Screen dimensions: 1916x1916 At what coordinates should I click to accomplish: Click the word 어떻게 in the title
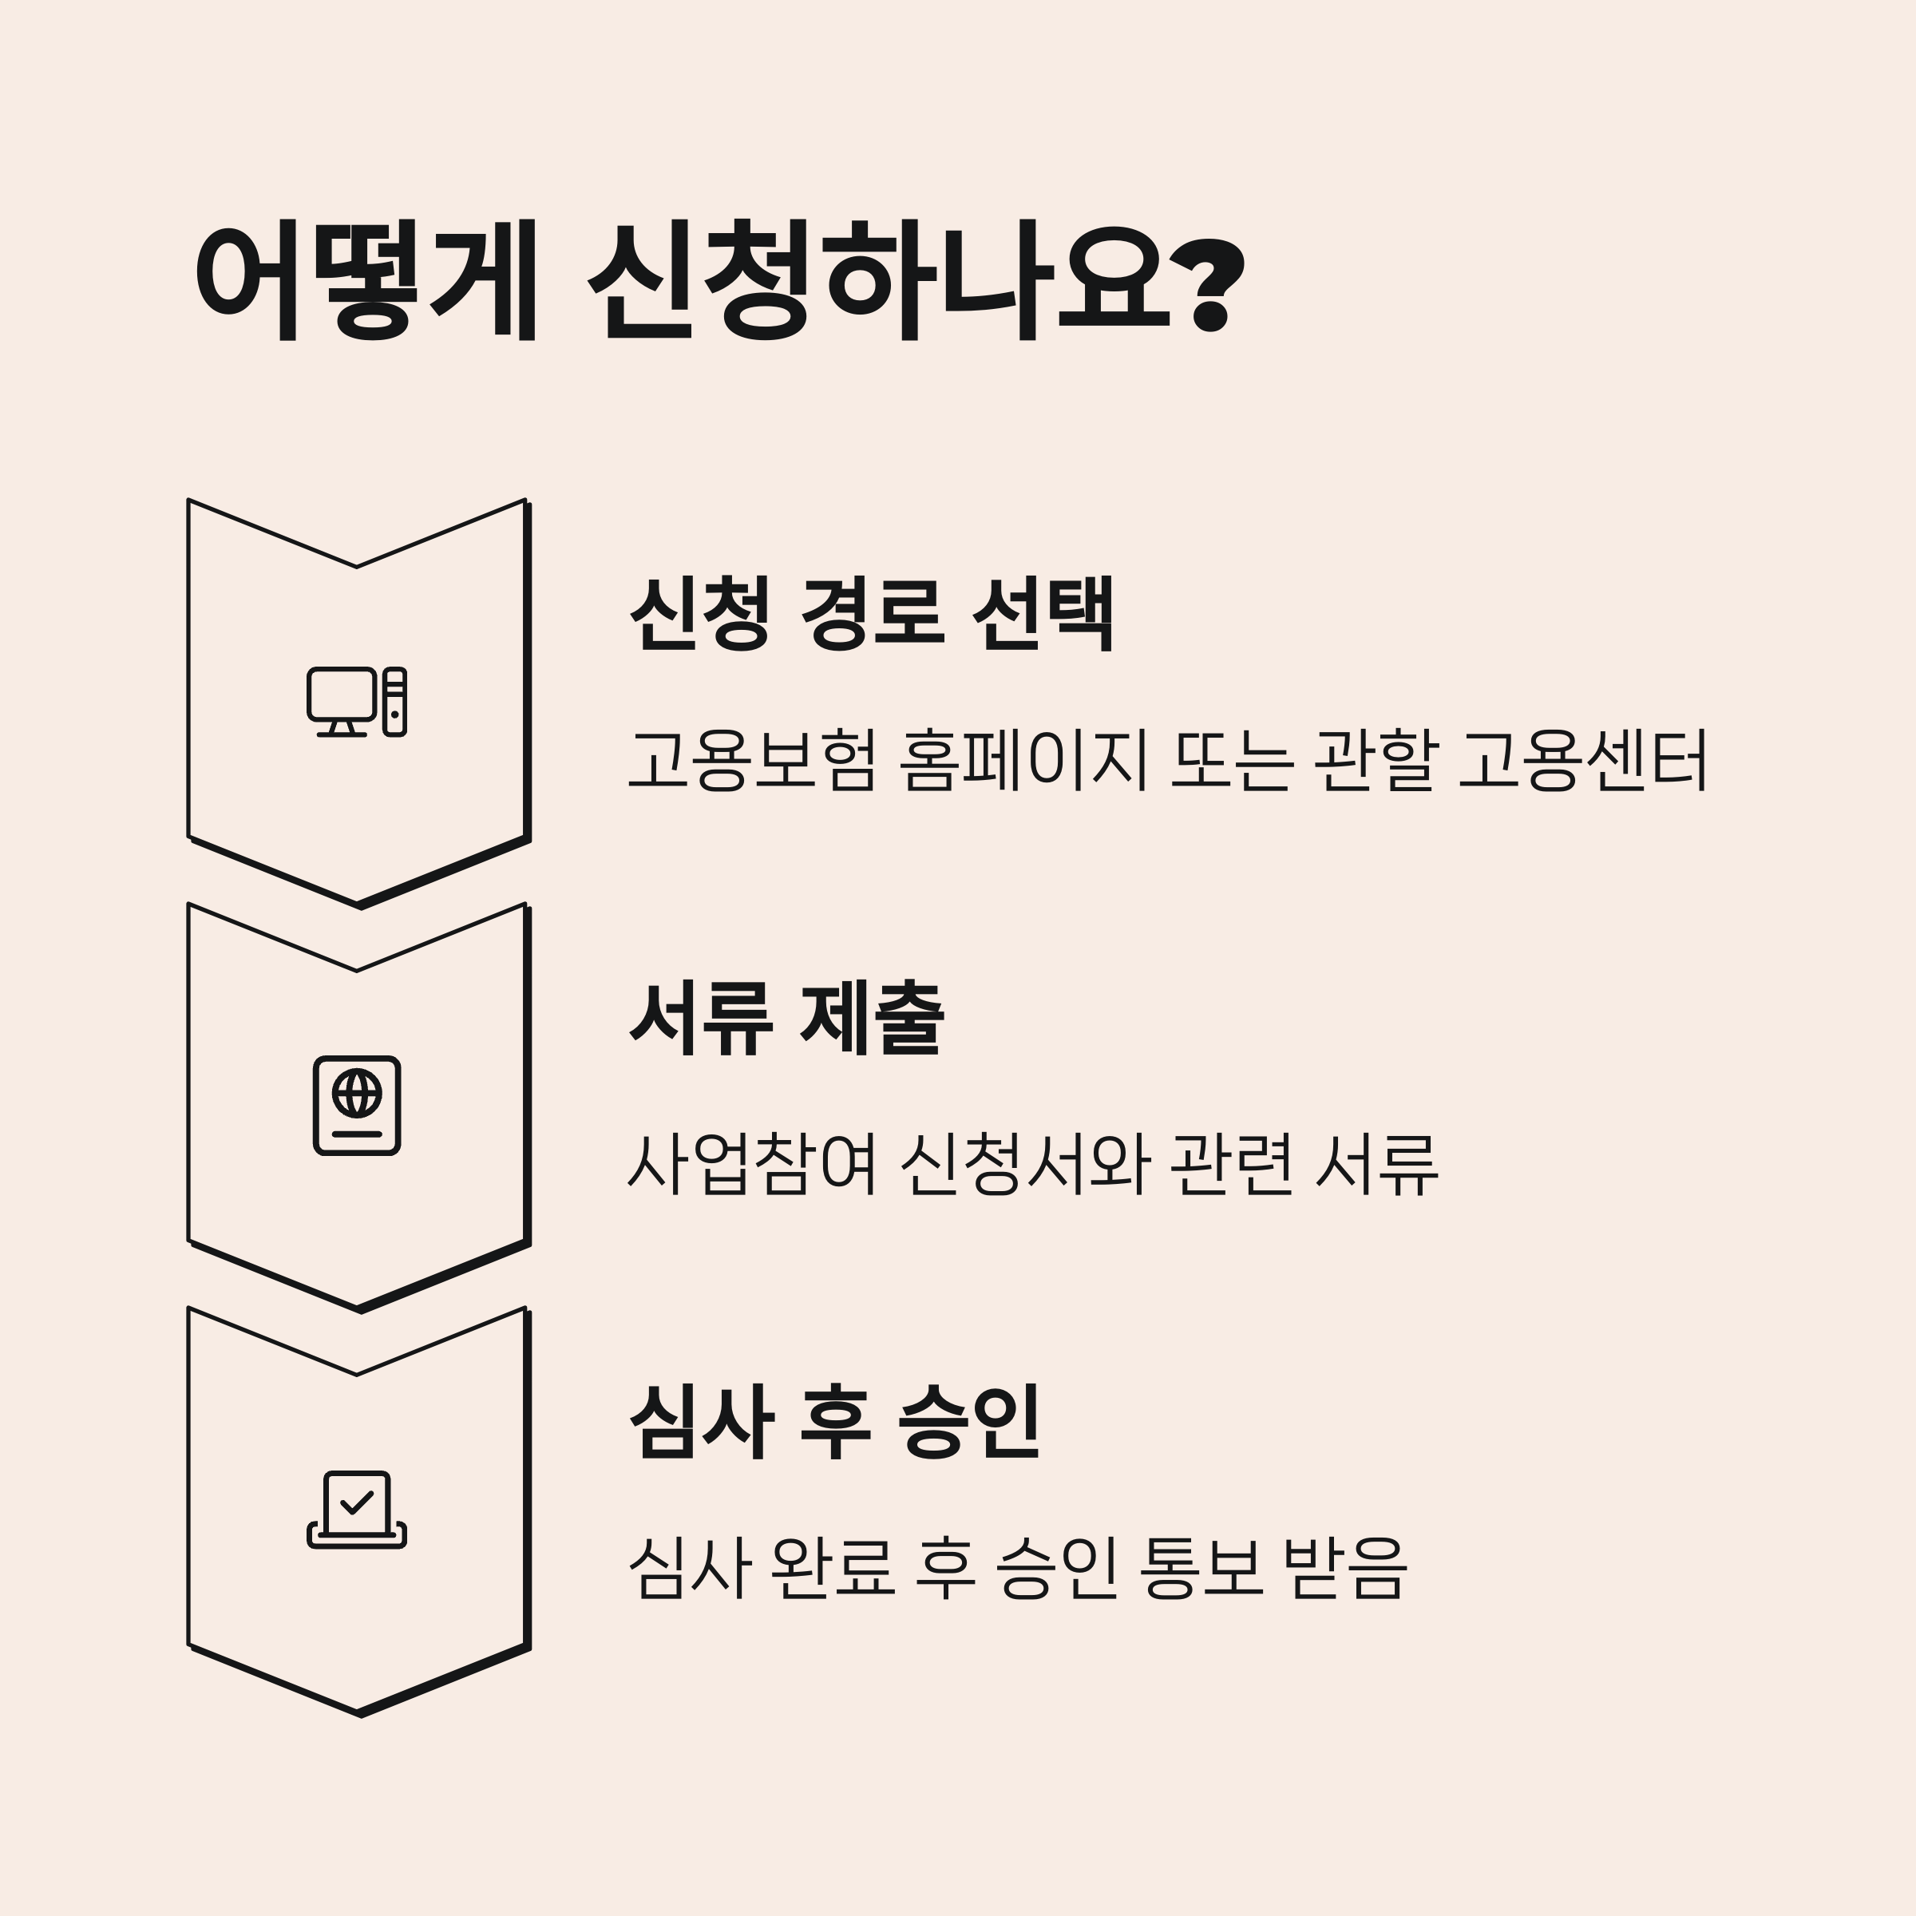point(366,279)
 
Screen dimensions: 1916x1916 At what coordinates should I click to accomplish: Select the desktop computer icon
point(357,703)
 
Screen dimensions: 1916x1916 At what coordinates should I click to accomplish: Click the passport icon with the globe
point(357,1106)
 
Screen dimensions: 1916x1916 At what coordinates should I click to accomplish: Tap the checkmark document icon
point(357,1510)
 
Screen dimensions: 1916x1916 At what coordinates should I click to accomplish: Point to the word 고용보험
point(753,761)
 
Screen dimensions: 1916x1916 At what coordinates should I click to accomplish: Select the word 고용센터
point(1583,761)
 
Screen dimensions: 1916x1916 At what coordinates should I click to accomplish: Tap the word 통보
point(1202,1568)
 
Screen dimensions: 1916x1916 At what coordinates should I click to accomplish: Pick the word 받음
point(1344,1568)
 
